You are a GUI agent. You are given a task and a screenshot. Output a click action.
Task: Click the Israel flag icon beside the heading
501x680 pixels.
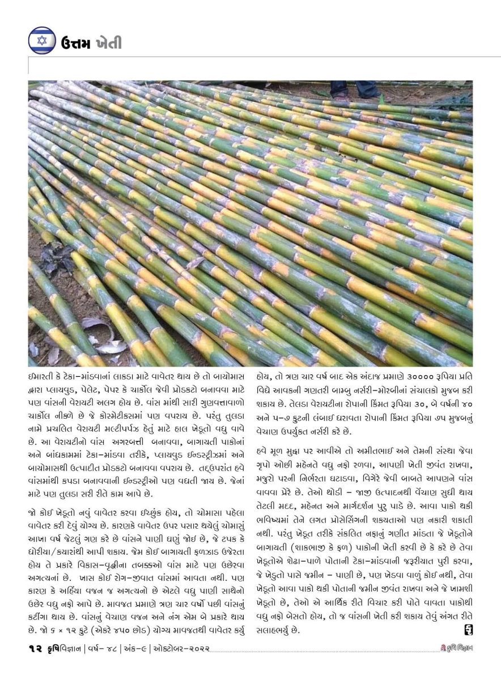[42, 40]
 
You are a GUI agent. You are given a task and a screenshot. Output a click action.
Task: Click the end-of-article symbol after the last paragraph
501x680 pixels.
[468, 629]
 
